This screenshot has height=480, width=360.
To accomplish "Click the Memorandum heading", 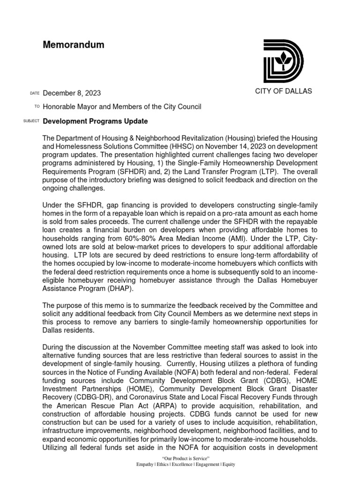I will tap(74, 45).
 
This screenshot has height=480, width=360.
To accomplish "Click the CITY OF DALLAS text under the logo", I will tap(283, 91).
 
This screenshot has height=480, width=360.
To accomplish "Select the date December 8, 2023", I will tap(72, 93).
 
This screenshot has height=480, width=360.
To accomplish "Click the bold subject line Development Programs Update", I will tap(95, 121).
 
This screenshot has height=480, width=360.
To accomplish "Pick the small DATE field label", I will tap(35, 94).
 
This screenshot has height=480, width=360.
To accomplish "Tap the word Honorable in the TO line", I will tap(60, 107).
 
